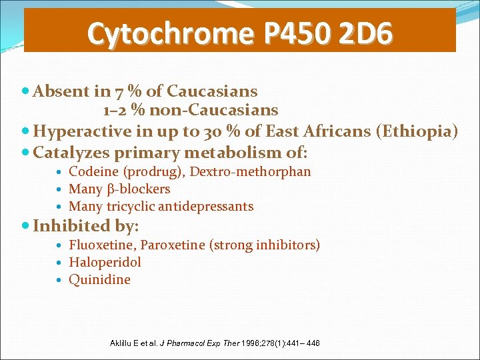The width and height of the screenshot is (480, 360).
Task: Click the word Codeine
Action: [93, 172]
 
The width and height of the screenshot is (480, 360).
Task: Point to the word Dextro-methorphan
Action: [250, 172]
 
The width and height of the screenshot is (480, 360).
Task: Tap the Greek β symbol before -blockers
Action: [111, 189]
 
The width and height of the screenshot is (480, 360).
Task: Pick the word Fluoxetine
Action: [101, 245]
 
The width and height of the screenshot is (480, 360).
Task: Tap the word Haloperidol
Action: [105, 263]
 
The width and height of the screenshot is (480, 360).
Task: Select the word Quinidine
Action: [99, 280]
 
